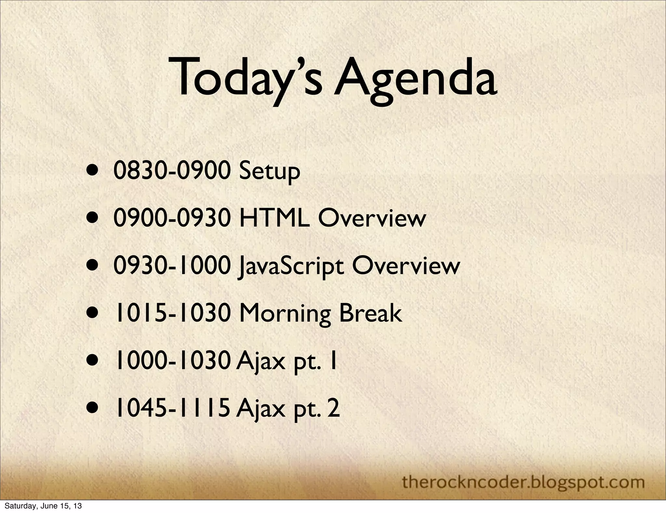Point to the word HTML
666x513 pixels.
click(274, 218)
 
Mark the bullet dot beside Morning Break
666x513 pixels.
click(93, 314)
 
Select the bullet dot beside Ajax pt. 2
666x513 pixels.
click(93, 409)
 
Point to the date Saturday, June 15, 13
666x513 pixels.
click(43, 506)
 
